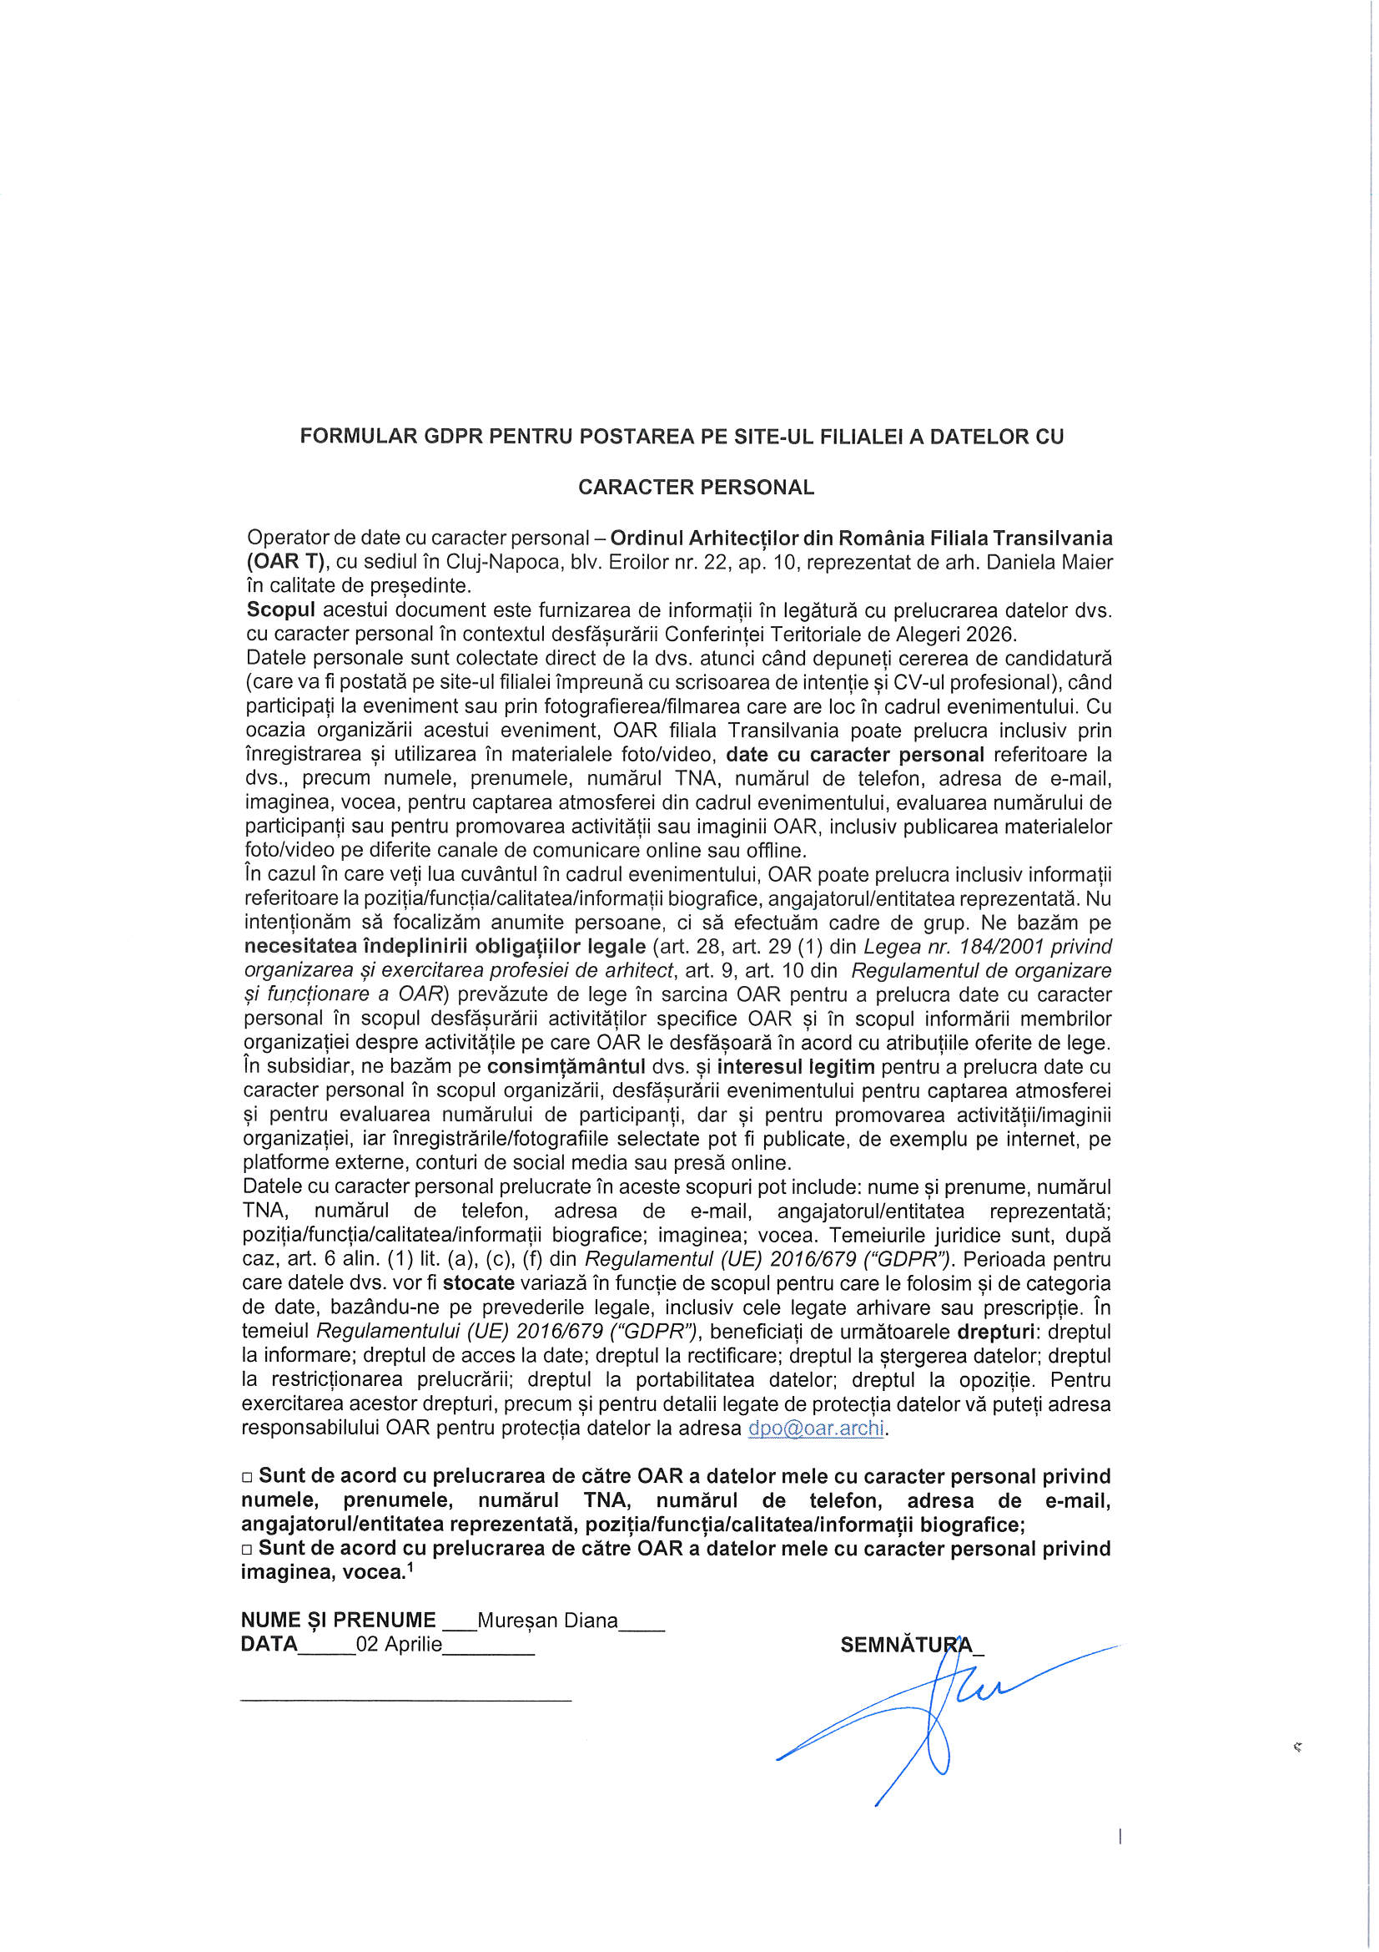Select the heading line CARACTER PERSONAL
(696, 487)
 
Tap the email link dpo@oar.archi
(815, 1428)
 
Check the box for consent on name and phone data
(247, 1478)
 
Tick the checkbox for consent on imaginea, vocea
(247, 1549)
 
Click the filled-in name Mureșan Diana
(547, 1620)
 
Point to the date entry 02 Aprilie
(399, 1643)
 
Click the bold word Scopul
(280, 609)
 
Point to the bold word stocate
(478, 1283)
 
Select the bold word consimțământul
(566, 1066)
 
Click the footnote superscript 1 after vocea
(410, 1567)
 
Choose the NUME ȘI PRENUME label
(337, 1620)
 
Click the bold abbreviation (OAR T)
(285, 562)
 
